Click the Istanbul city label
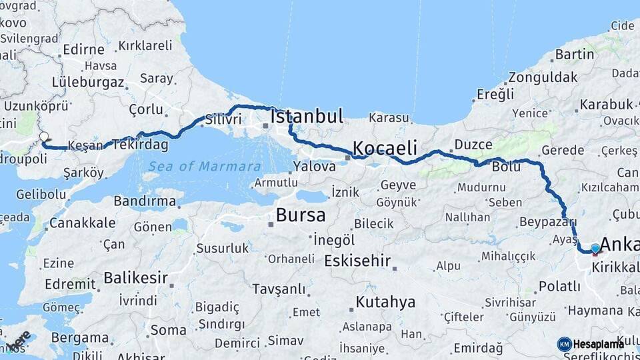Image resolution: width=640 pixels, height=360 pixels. point(307,117)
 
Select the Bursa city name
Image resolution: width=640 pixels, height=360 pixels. point(301,215)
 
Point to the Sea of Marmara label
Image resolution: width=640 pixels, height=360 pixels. point(204,166)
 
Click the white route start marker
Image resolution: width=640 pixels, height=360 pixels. point(44,137)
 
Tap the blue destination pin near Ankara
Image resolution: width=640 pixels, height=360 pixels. point(595,249)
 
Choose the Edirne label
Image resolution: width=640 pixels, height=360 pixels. point(83,50)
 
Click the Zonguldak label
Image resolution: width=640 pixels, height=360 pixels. point(543,77)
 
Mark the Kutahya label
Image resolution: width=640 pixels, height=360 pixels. point(385,302)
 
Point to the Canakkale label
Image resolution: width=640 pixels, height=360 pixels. point(82,223)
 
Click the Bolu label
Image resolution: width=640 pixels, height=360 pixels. point(506,167)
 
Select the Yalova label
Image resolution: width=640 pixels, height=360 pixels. point(314,167)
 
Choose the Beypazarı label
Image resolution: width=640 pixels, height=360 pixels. point(547,221)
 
